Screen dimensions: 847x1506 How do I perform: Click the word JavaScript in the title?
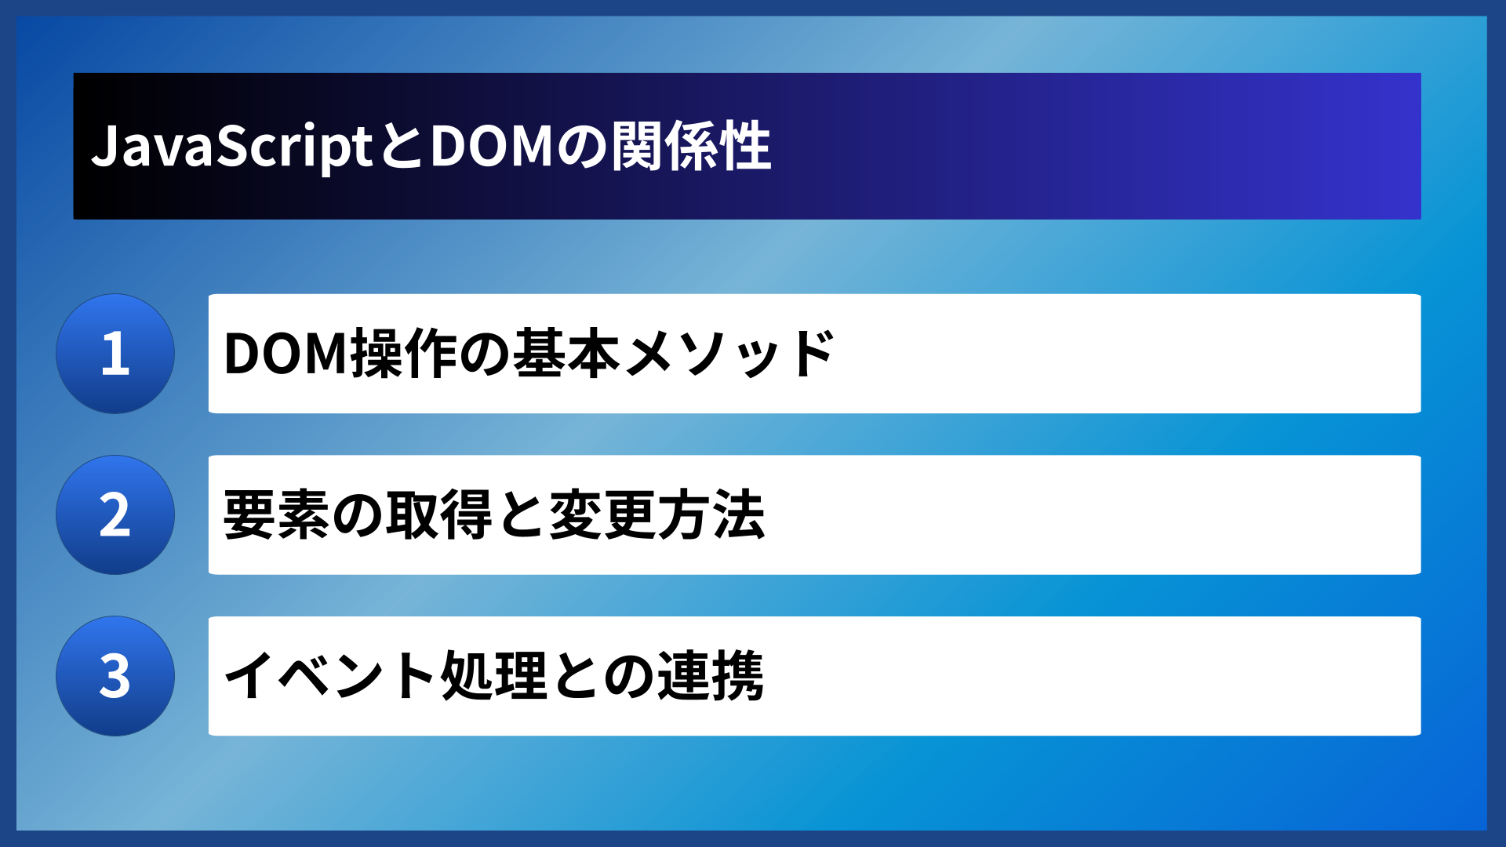232,147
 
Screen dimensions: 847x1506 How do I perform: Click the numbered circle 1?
115,354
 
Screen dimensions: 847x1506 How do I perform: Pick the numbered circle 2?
115,515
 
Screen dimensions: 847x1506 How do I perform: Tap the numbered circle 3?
115,676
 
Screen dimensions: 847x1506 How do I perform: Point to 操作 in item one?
404,354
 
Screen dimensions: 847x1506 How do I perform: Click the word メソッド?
729,354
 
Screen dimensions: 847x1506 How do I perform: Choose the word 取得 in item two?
439,515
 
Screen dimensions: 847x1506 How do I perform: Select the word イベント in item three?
330,676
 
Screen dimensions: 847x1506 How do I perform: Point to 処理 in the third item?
493,676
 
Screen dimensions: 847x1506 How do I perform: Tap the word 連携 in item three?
711,676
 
